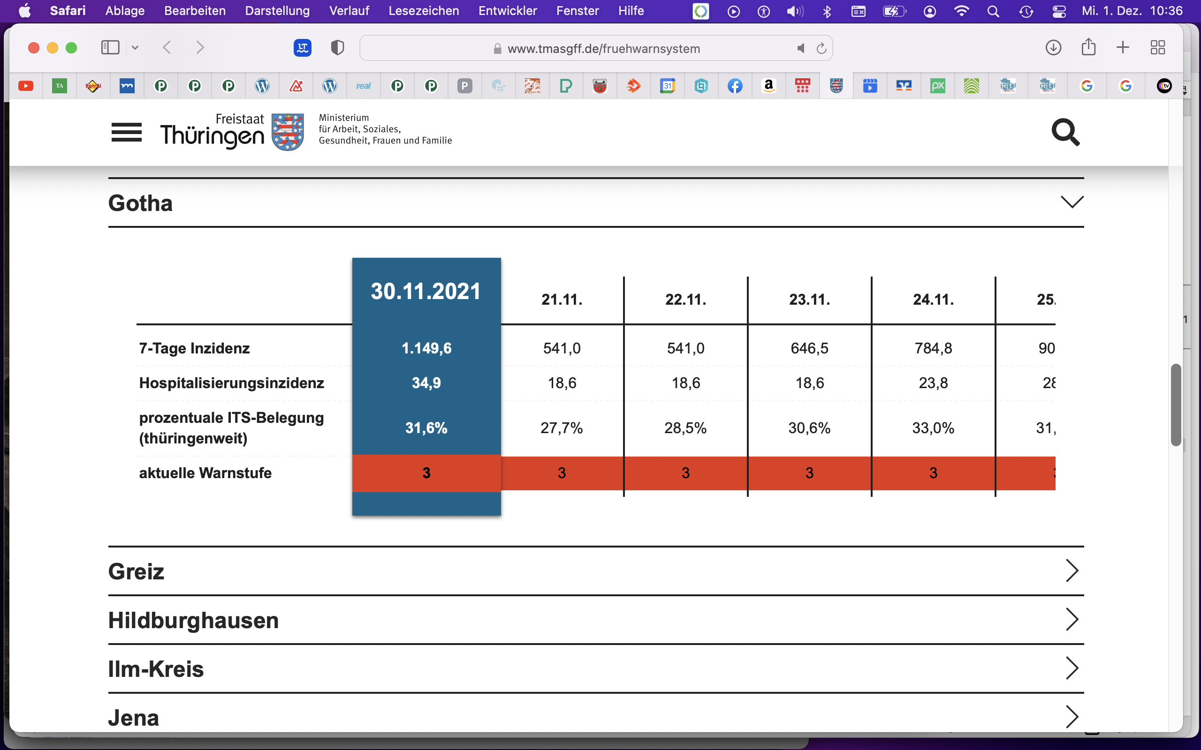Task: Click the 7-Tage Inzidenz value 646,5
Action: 809,348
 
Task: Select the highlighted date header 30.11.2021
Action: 426,291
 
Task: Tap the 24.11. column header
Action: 934,300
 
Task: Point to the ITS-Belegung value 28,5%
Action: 685,427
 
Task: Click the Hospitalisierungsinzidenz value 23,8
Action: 934,383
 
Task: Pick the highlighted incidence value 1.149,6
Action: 426,348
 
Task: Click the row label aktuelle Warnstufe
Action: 205,472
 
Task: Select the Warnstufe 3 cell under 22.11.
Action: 685,472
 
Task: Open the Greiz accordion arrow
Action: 1072,571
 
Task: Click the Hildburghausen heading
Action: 194,620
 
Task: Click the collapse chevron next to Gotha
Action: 1072,202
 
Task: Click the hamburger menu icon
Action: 127,133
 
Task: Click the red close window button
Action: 34,48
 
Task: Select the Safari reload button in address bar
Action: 821,48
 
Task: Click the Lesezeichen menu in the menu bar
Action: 423,11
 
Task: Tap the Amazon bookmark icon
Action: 769,86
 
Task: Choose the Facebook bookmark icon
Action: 735,86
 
